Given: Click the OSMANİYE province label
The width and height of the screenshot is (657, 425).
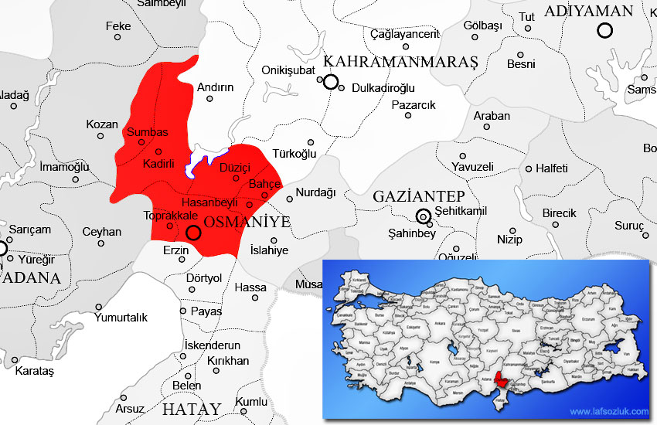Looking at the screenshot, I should point(247,223).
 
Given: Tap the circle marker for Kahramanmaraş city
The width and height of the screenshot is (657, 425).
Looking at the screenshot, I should point(331,82).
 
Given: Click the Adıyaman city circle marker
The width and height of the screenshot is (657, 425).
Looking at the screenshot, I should point(604,30).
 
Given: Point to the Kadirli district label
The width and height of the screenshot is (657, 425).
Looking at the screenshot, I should point(159,164).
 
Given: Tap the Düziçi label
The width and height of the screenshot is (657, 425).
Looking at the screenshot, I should point(237,167).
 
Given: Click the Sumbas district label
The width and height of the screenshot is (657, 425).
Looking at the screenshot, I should point(147,131).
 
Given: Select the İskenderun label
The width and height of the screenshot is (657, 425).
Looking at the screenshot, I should point(213,345).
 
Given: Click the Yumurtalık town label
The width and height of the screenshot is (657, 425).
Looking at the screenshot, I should point(121,317).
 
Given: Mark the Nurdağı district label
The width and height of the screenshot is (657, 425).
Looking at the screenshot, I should point(316,192).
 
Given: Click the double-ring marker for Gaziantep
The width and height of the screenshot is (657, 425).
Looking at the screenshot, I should point(423,216).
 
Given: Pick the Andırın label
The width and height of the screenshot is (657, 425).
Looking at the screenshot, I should point(215,87).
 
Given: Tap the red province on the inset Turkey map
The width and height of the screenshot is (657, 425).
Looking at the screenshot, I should point(506,379).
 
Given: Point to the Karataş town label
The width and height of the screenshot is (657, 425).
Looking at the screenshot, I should point(35,372).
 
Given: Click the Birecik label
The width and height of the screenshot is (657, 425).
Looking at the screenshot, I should point(559,213).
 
